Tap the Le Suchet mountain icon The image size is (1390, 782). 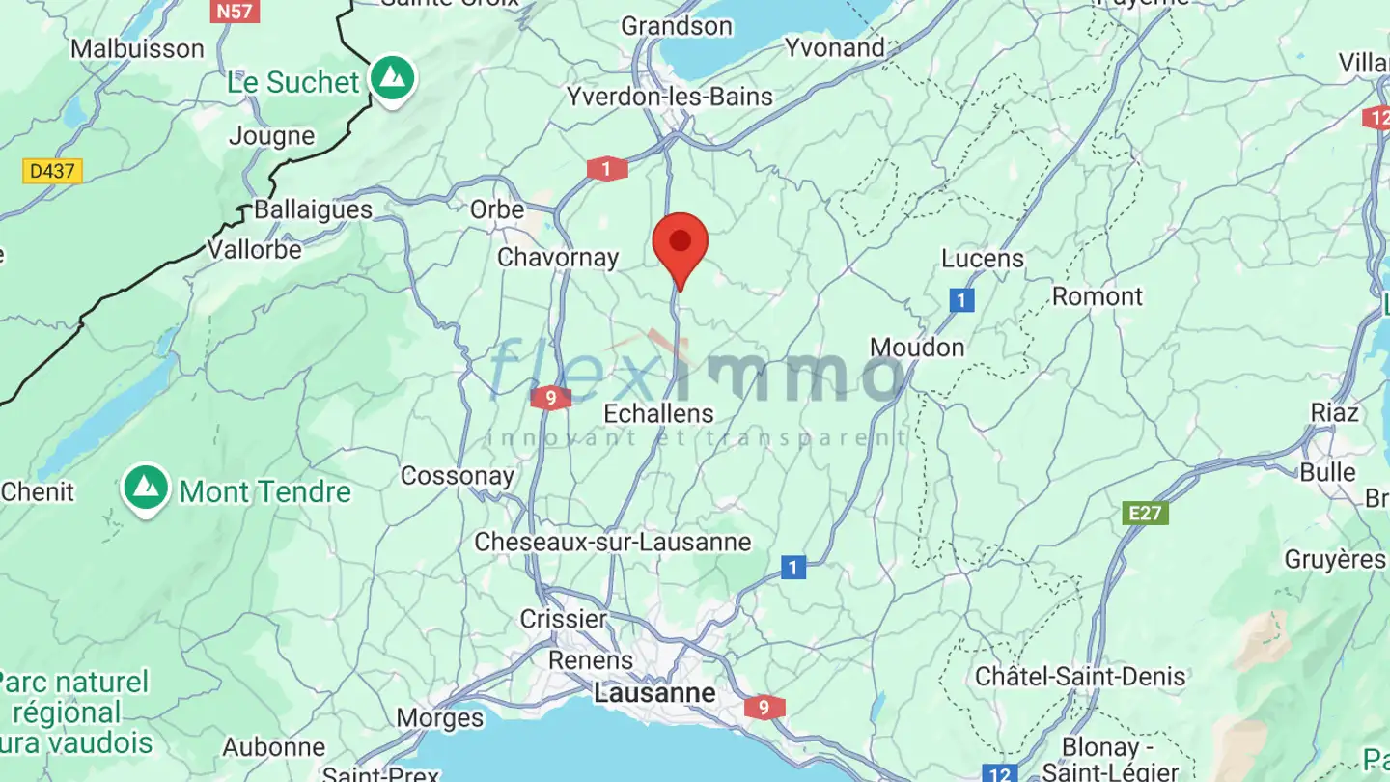(391, 78)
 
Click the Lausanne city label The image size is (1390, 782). (655, 692)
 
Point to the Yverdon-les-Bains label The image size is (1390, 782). (670, 97)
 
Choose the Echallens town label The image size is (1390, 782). (658, 413)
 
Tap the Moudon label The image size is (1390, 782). (917, 348)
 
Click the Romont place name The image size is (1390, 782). (1097, 295)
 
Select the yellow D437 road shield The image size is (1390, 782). (53, 172)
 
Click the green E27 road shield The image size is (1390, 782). (1146, 513)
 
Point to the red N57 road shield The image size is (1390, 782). (236, 12)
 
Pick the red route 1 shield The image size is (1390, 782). (606, 170)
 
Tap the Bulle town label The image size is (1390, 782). (1327, 472)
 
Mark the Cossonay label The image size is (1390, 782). (458, 475)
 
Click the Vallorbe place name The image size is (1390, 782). (255, 249)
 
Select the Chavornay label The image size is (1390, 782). (558, 257)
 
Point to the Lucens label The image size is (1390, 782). (983, 259)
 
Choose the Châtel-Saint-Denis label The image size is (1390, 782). (1080, 676)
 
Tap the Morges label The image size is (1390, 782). (440, 718)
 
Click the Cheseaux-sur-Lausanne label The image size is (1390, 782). (612, 542)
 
